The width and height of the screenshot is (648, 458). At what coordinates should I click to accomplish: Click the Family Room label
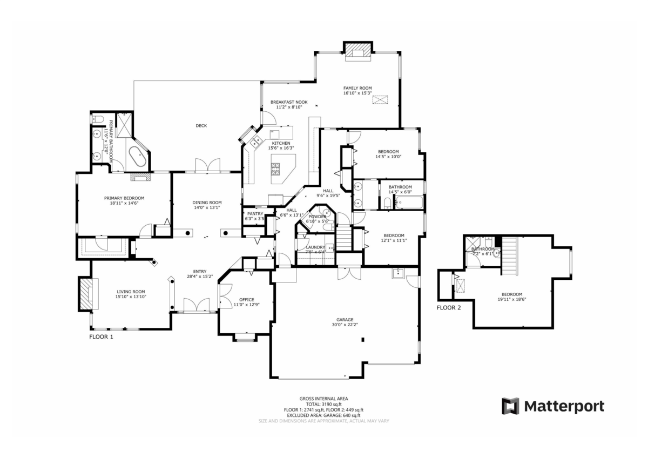(x=357, y=88)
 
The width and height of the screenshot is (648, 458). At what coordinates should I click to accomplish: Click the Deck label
(x=201, y=126)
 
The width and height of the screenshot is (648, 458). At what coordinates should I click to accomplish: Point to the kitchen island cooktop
(x=276, y=169)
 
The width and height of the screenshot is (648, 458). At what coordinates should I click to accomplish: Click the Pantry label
(x=254, y=214)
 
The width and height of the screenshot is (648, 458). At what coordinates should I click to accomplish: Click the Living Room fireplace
(x=86, y=293)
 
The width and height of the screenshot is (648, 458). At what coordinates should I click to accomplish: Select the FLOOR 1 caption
(x=101, y=336)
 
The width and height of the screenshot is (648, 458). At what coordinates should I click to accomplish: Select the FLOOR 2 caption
(x=449, y=308)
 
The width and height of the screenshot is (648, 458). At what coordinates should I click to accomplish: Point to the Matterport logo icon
(x=510, y=406)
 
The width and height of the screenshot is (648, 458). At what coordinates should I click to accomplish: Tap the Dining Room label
(x=207, y=203)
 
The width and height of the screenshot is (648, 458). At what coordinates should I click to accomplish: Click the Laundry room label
(x=315, y=247)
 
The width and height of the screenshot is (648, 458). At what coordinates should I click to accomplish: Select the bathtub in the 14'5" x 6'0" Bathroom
(x=409, y=203)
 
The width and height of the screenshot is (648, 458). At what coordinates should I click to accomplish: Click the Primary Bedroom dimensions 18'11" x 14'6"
(x=124, y=204)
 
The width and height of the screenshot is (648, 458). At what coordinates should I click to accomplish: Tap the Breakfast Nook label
(x=289, y=102)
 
